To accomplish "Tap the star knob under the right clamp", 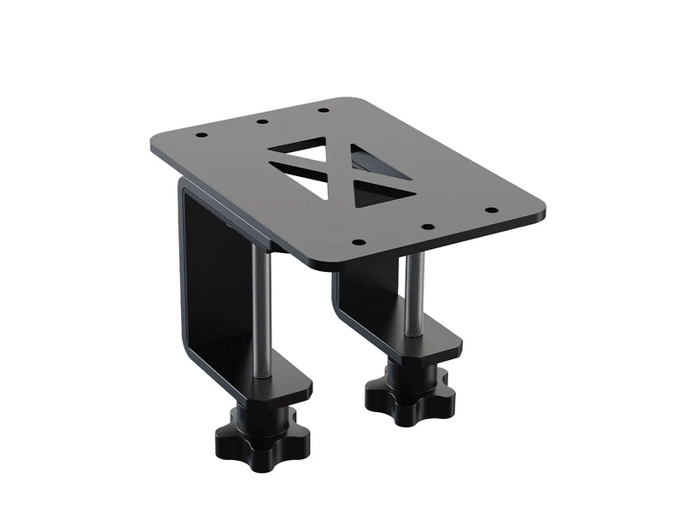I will click(x=410, y=396).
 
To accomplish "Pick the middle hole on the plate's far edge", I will click(x=261, y=122).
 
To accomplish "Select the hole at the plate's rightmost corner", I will click(x=491, y=209).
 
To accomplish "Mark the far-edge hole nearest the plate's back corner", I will click(x=323, y=109).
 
